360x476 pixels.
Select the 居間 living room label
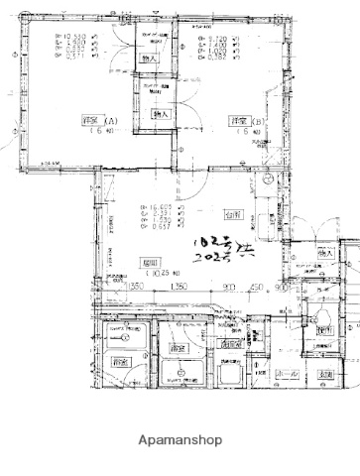tap(151, 262)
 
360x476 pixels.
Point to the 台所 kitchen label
tap(233, 213)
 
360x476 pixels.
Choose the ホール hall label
tap(287, 374)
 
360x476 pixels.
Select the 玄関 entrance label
tap(326, 373)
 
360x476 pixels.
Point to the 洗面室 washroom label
tap(179, 349)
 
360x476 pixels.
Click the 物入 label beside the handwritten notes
tap(325, 255)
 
